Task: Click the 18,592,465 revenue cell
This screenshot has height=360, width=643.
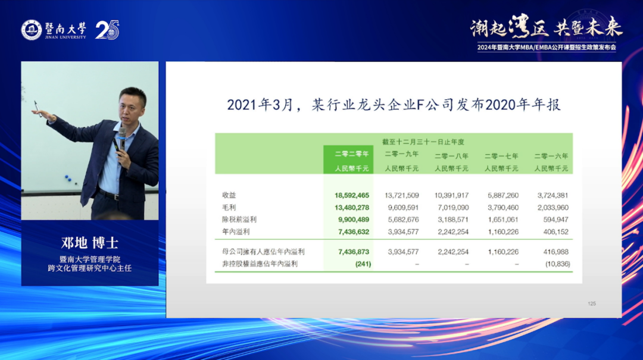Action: tap(352, 196)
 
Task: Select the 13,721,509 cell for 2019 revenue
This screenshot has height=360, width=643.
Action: tap(401, 196)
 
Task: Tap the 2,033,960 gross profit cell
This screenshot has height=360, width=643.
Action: tap(553, 208)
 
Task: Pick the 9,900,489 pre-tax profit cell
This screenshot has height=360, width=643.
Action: tap(354, 220)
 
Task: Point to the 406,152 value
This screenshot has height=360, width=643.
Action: tap(555, 231)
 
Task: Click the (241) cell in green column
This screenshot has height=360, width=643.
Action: tap(363, 264)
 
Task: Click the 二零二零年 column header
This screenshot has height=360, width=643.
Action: tap(352, 154)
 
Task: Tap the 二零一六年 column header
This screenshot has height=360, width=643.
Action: tap(551, 156)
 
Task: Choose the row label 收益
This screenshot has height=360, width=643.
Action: tap(229, 195)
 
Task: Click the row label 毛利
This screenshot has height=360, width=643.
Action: tap(229, 208)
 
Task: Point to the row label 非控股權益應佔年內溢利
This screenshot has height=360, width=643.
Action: tap(260, 264)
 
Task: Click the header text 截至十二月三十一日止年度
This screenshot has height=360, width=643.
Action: tap(423, 142)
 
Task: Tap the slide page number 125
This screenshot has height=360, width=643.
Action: tap(592, 304)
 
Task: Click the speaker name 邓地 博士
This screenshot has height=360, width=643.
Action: tap(90, 243)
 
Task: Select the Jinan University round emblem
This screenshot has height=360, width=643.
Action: tap(32, 30)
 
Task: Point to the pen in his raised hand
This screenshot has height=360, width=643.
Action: tap(38, 109)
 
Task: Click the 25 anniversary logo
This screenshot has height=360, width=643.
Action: tap(107, 30)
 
